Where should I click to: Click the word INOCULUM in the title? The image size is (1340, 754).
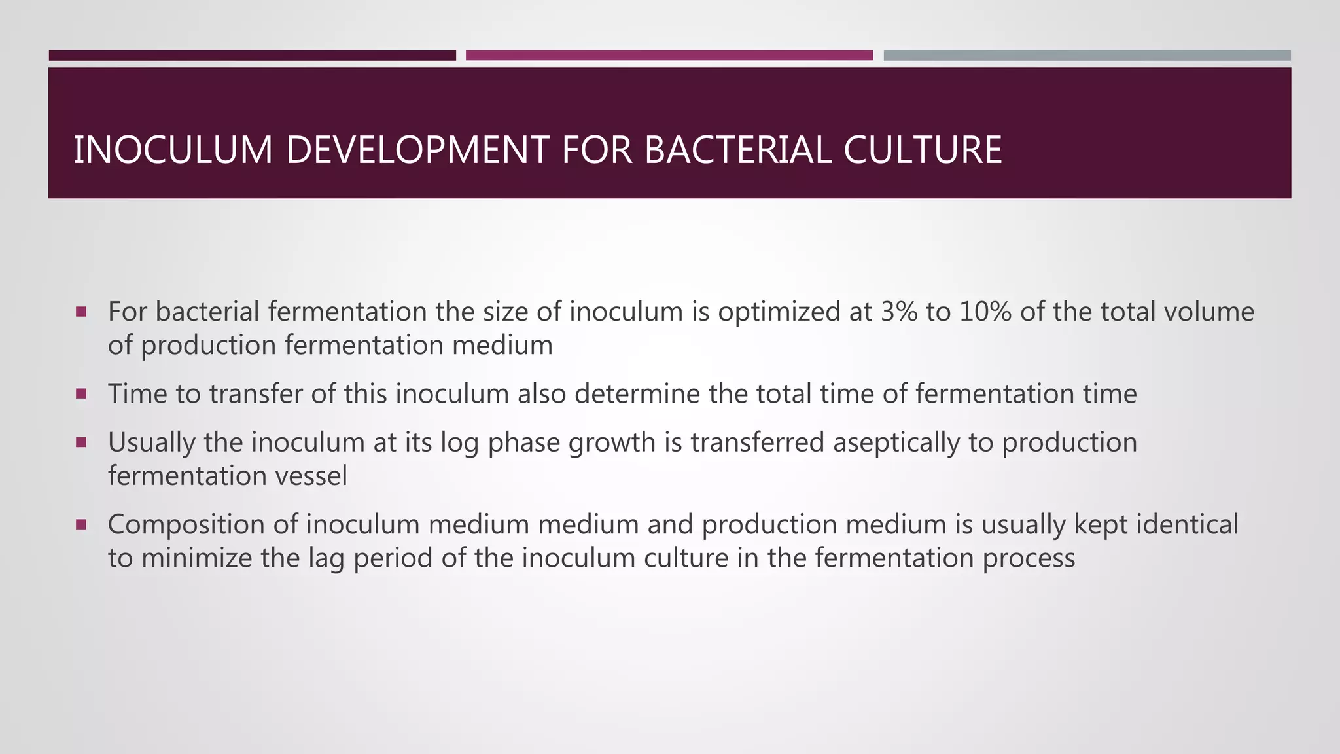click(173, 150)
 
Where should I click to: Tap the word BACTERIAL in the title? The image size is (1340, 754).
click(737, 150)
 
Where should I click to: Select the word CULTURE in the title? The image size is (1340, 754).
click(923, 150)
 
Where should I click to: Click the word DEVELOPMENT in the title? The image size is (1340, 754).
click(416, 150)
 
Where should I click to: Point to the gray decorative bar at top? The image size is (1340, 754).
click(1087, 56)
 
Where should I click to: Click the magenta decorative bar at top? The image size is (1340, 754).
click(669, 56)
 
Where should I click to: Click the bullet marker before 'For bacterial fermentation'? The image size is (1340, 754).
click(81, 312)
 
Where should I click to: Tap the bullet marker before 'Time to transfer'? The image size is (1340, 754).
click(81, 394)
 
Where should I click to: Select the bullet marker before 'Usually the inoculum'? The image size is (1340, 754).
click(81, 442)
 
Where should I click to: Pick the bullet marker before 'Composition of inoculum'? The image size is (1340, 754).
click(81, 524)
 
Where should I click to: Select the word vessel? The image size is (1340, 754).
click(311, 476)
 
